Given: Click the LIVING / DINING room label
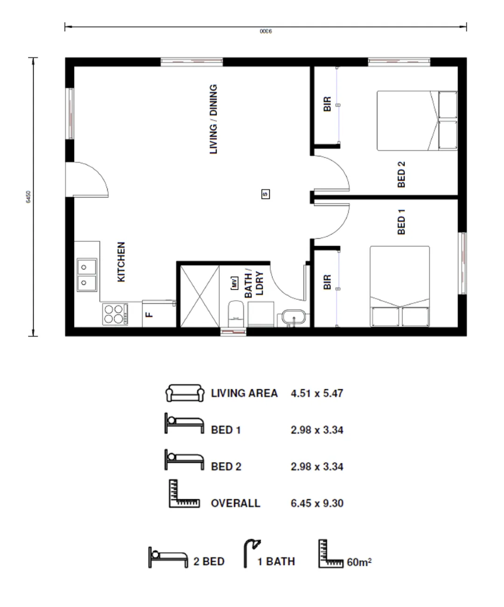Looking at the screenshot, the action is [213, 119].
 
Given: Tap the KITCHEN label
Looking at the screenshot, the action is [121, 262].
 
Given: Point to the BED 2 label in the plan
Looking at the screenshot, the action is [401, 175].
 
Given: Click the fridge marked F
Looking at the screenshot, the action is [159, 314].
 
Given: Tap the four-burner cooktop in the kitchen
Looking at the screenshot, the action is [115, 314].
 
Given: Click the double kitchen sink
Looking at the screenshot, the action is [87, 275].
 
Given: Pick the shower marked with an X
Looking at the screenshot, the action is [200, 296].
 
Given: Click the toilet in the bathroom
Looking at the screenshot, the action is [236, 314].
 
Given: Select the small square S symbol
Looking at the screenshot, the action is [266, 194].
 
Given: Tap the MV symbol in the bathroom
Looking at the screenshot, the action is [234, 283].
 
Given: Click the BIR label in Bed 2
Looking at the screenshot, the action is [327, 104].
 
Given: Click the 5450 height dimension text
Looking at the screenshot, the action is [28, 197].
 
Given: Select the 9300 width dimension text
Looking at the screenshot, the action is [266, 31].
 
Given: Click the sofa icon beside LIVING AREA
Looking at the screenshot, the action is [185, 393].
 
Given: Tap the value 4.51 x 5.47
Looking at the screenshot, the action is [317, 393].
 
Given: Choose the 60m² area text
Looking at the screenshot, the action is [359, 562].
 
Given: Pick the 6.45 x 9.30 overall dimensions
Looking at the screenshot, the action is [317, 503].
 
